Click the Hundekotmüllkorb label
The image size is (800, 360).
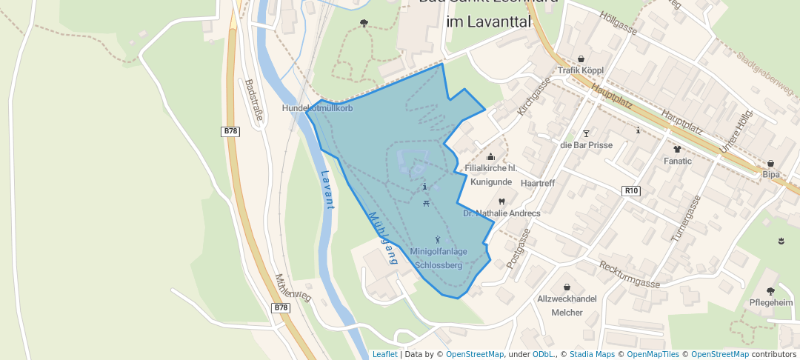coord(318,108)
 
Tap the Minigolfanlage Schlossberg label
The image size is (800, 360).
coord(439,258)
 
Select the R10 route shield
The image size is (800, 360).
coord(631,191)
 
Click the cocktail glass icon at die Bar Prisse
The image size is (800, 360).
coord(587,133)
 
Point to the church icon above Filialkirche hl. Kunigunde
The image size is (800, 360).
coord(490,156)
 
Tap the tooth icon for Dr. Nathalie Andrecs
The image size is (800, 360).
coord(501,201)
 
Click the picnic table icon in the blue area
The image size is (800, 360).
coord(425,203)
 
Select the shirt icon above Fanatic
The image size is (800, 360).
coord(677,148)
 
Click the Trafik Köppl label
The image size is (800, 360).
coord(581,70)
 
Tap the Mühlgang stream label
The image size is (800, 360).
coord(381,238)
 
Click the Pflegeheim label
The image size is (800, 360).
coord(770,303)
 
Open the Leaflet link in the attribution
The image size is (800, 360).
coord(384,354)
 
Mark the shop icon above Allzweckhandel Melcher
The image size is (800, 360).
coord(567,287)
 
